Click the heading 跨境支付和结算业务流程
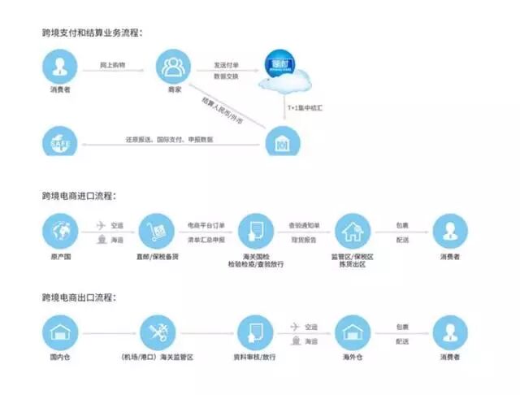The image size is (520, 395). pos(92,33)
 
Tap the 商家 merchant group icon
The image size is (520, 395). pos(172,65)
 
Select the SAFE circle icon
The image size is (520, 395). pos(59,144)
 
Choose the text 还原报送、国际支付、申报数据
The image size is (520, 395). pos(169,140)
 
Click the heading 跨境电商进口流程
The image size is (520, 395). pos(79,196)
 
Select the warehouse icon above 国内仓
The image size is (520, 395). pos(59,332)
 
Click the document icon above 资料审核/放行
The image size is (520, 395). pos(253,332)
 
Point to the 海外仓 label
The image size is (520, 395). pos(353,358)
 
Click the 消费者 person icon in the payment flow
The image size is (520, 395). pos(59,65)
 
